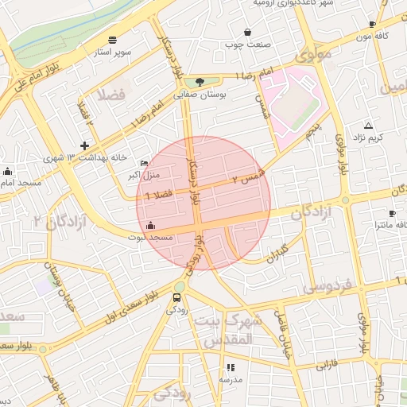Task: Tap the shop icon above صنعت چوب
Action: [249, 33]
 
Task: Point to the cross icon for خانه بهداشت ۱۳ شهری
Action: [84, 145]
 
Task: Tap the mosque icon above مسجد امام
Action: [7, 171]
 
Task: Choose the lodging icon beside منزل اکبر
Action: [143, 163]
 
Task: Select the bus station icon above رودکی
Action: [176, 299]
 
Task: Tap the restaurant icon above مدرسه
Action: [231, 367]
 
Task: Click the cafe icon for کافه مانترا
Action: [392, 214]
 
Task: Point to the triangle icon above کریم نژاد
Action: [368, 126]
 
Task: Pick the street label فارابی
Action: [328, 366]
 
